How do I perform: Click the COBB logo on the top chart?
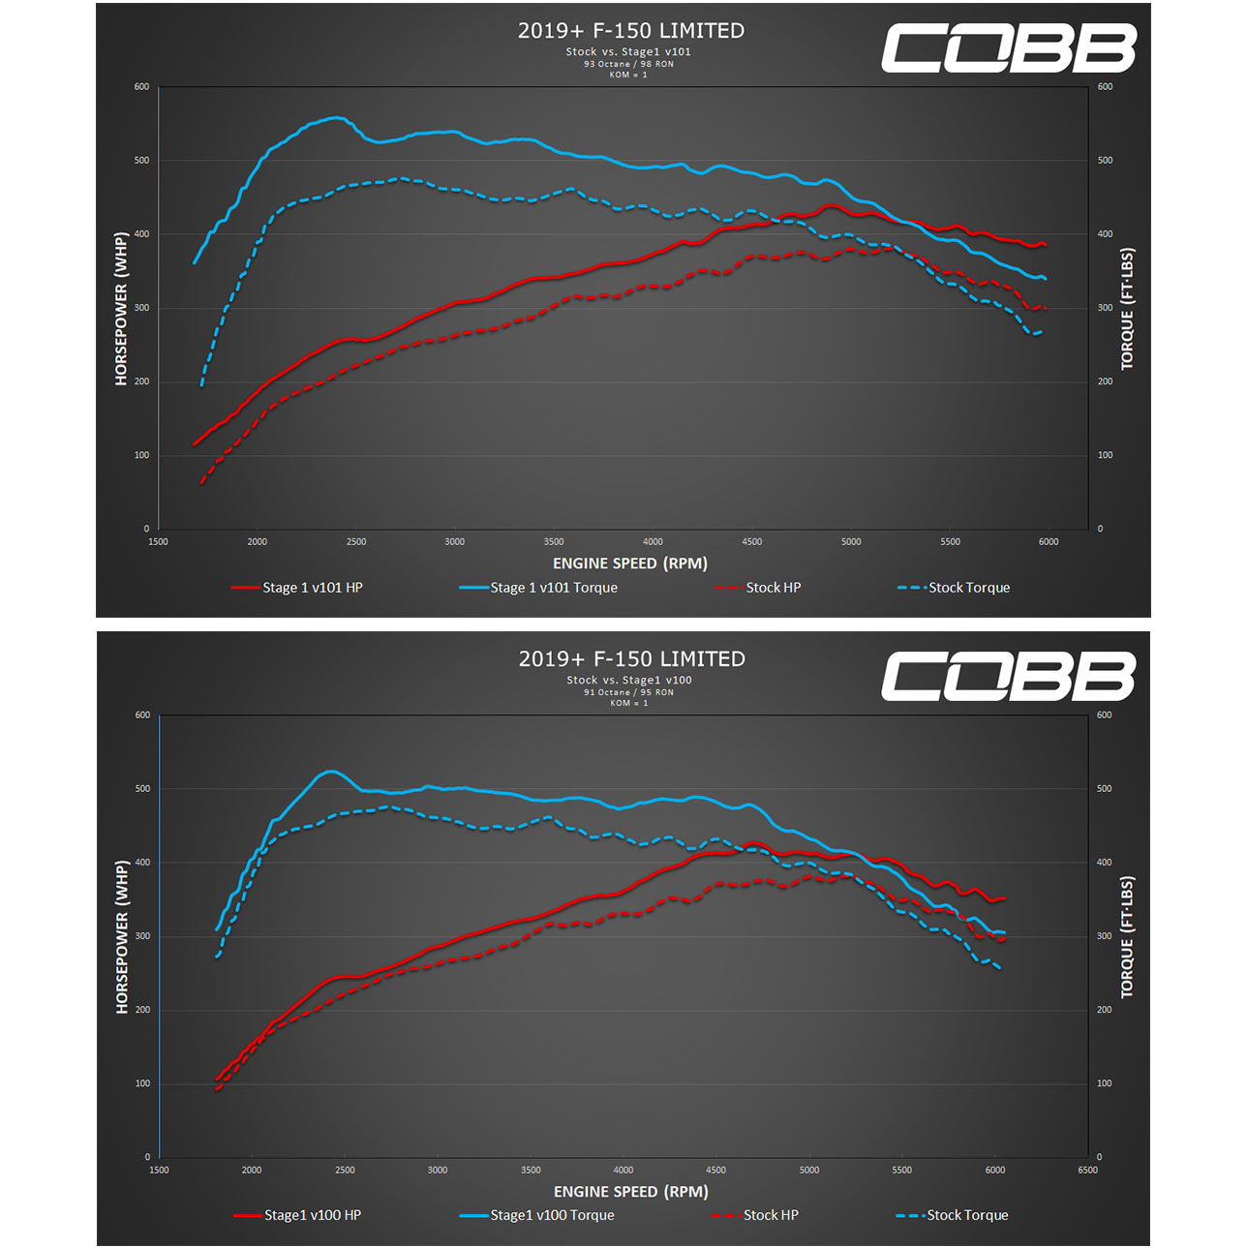1008,48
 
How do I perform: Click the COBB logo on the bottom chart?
1008,676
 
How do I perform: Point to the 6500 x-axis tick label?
1087,1171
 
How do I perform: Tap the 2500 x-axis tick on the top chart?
356,542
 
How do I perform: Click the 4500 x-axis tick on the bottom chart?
715,1171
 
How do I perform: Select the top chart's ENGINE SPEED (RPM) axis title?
630,563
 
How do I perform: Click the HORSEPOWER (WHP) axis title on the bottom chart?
122,937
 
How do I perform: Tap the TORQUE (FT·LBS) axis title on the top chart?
1127,310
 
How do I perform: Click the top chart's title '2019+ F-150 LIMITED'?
631,31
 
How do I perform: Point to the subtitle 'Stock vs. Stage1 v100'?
629,681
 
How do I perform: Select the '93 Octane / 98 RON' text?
628,64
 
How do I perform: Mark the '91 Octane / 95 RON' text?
628,692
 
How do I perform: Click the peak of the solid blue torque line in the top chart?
336,118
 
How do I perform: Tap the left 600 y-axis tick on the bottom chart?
142,715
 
